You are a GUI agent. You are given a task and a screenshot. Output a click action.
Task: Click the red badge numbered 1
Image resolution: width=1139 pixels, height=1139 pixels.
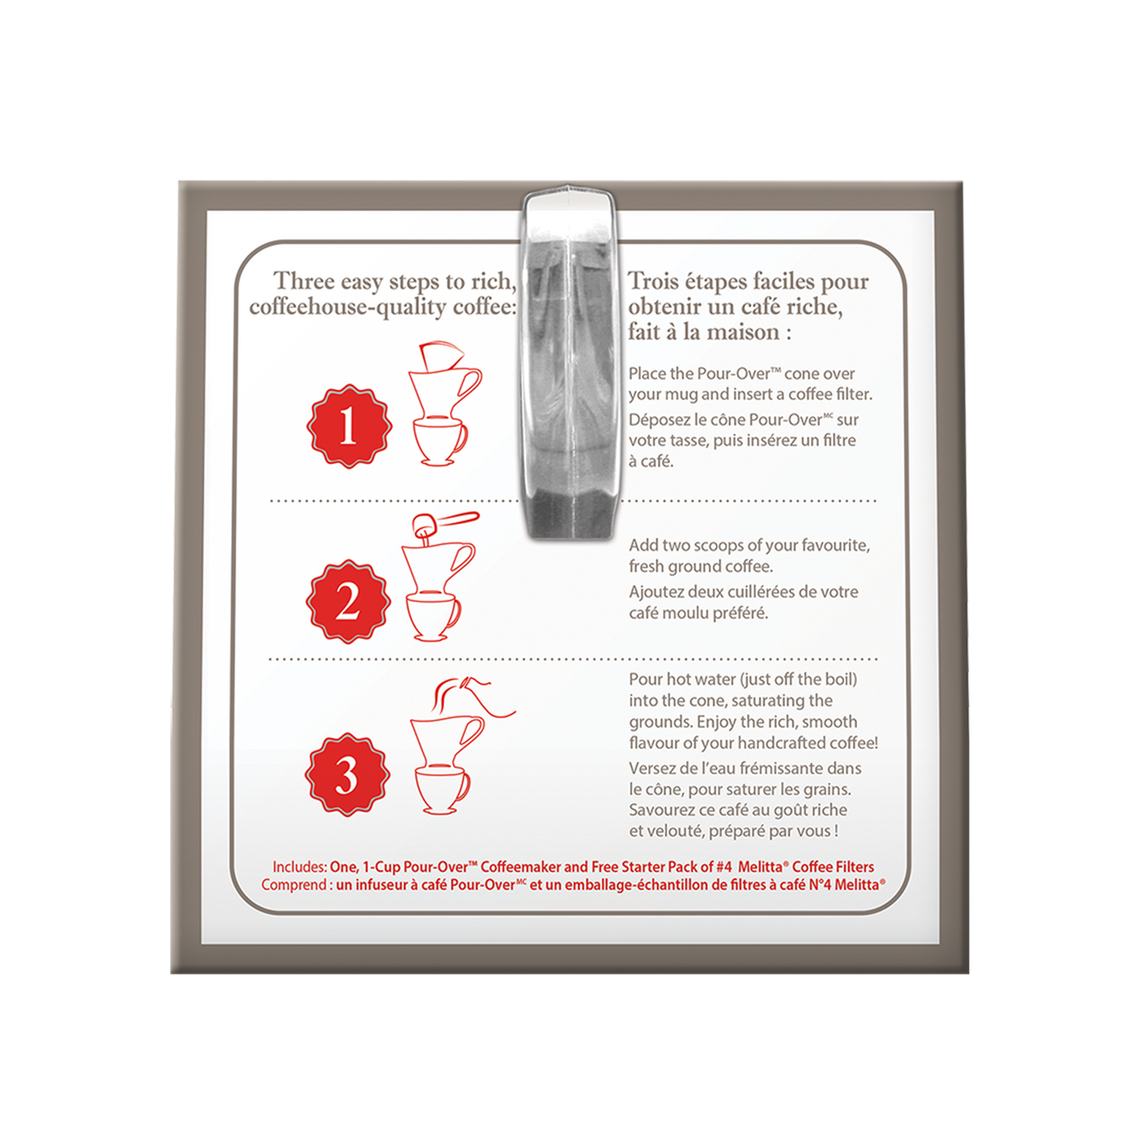[x=348, y=428]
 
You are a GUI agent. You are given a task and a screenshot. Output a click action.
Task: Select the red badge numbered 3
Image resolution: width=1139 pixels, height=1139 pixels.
[x=346, y=776]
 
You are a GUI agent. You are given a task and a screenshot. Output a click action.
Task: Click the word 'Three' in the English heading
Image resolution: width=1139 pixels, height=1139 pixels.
[x=303, y=281]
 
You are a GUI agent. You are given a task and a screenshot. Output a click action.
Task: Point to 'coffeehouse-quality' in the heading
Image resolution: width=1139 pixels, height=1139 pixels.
[x=348, y=307]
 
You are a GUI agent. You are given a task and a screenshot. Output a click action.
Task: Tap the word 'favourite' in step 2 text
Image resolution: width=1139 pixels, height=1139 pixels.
[x=836, y=545]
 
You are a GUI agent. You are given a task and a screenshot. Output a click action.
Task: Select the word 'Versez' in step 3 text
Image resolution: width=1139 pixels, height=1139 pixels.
[x=651, y=768]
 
